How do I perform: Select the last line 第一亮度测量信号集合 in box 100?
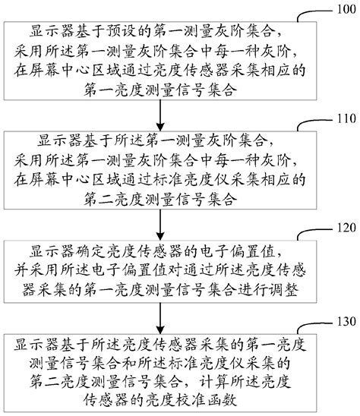pos(160,90)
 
